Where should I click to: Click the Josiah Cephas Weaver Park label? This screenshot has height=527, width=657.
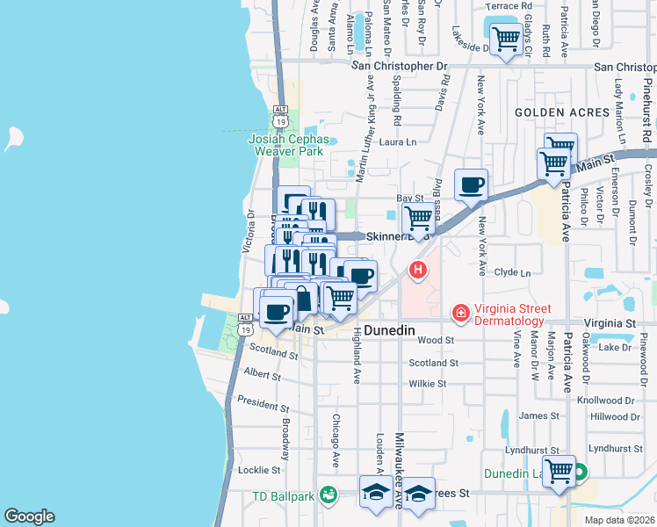[x=289, y=145]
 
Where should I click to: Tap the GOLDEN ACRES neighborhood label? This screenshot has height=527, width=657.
[x=562, y=112]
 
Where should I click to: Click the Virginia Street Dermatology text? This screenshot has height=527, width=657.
[x=513, y=314]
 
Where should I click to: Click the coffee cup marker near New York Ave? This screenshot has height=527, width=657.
[x=472, y=185]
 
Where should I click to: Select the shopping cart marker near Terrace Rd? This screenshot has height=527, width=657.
[x=505, y=39]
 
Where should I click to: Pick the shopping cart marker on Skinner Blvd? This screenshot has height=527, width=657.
[x=419, y=217]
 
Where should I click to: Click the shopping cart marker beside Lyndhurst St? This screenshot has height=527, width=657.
[x=559, y=472]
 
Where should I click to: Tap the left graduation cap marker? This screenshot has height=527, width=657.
[x=376, y=492]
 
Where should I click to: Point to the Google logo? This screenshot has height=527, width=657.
[x=29, y=516]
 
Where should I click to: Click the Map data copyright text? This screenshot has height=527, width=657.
[x=619, y=520]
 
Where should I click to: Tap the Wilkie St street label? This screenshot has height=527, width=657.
[x=428, y=384]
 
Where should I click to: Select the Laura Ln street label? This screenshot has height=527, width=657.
[x=397, y=141]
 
